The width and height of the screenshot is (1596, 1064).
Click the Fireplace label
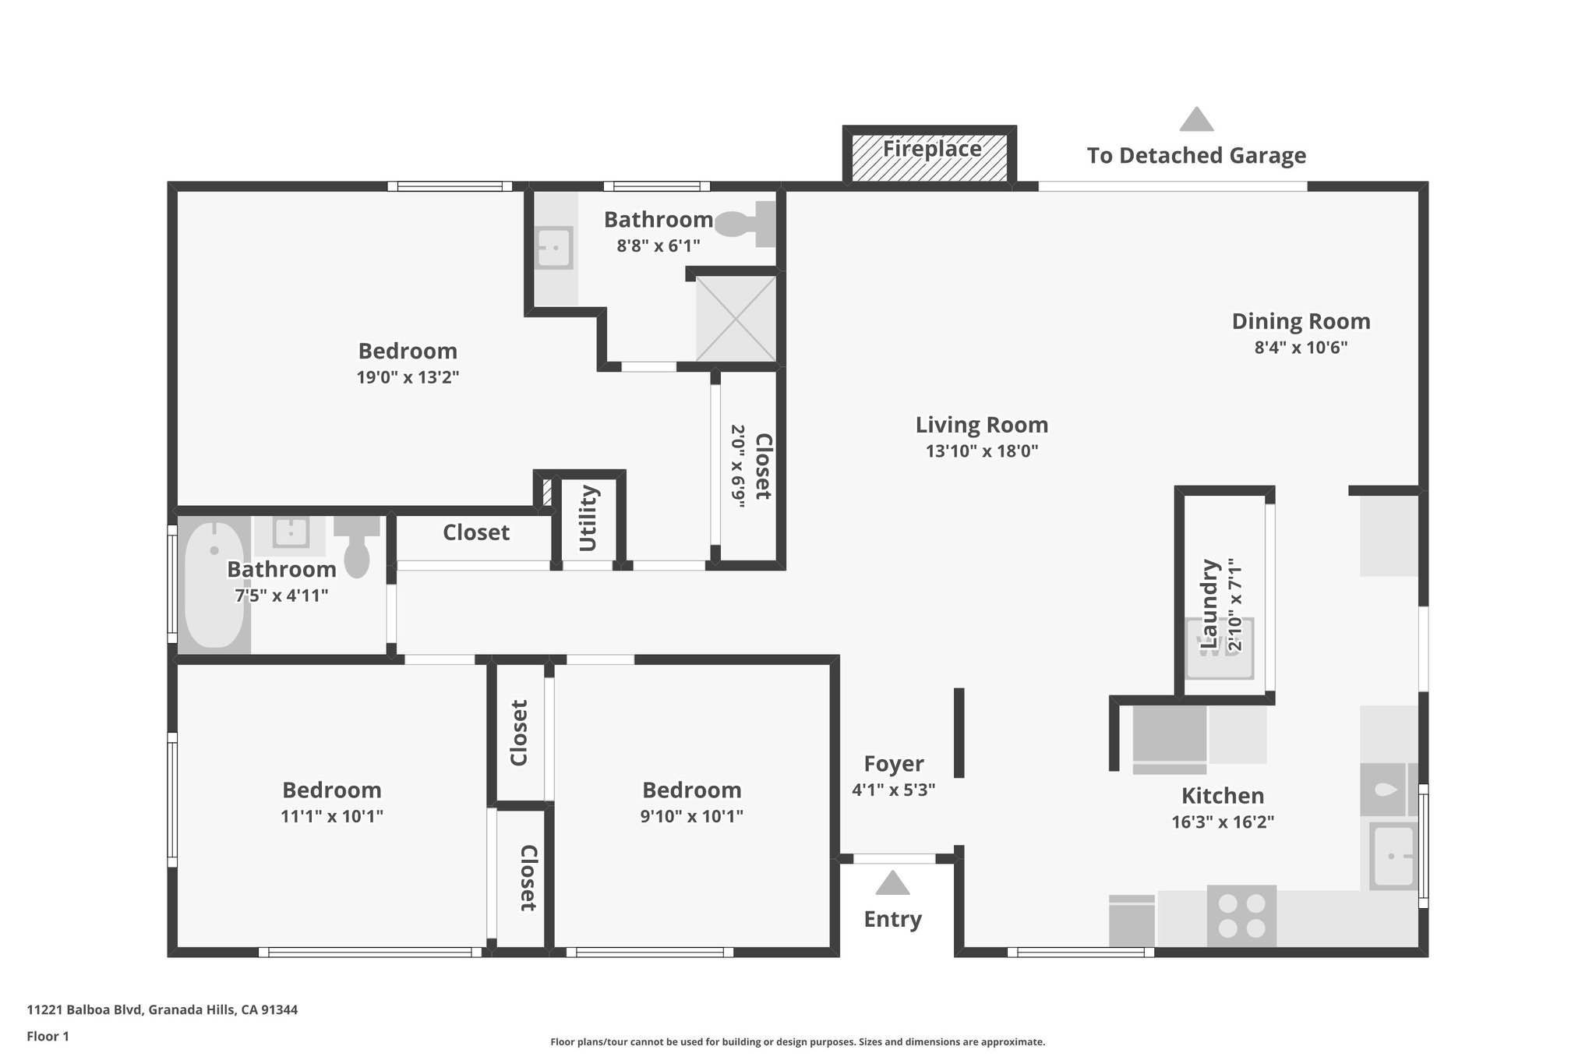931,149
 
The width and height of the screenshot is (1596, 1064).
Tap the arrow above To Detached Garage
1196,120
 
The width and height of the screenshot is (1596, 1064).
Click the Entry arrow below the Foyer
892,884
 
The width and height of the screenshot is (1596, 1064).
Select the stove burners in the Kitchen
1241,916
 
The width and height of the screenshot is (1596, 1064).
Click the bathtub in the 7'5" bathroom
214,585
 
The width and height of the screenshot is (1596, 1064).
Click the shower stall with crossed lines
736,319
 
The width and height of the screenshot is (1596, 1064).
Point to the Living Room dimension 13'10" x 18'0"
981,451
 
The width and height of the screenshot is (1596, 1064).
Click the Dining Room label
1300,321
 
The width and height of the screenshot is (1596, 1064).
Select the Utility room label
588,518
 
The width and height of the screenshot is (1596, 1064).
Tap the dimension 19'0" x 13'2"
408,377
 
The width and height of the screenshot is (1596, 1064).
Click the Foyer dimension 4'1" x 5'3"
893,790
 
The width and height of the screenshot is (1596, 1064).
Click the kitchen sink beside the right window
1393,856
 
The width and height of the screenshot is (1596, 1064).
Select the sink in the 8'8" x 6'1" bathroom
555,248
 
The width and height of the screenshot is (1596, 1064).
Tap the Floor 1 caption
48,1036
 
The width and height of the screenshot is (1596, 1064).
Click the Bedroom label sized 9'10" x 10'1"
691,790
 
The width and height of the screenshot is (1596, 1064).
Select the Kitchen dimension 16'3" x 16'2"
1222,822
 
